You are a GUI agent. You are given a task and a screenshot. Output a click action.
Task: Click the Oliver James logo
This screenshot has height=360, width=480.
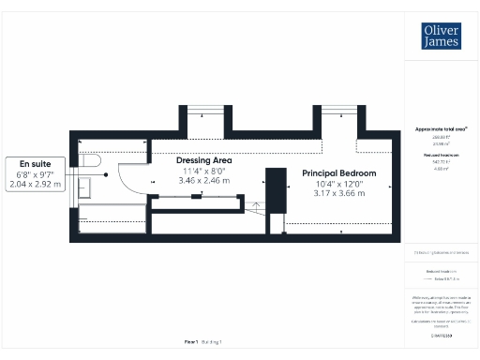click(x=441, y=37)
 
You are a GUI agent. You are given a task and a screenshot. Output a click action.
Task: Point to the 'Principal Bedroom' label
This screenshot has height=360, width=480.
click(x=338, y=173)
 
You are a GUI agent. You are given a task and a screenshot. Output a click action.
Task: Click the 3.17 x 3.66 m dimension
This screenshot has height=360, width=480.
click(x=338, y=193)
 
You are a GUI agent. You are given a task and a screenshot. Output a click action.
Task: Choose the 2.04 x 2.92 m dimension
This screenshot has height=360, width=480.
click(x=34, y=185)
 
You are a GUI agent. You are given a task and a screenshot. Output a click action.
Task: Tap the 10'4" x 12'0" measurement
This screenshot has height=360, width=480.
click(x=338, y=184)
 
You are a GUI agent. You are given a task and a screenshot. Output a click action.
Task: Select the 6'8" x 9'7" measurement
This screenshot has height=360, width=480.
click(x=34, y=174)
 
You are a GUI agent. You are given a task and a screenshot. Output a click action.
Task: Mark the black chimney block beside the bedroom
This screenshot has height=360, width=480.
click(x=276, y=187)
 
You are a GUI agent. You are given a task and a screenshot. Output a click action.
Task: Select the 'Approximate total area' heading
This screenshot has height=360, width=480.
click(x=441, y=128)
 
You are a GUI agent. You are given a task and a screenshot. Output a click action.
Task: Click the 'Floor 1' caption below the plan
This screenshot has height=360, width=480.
click(x=191, y=342)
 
